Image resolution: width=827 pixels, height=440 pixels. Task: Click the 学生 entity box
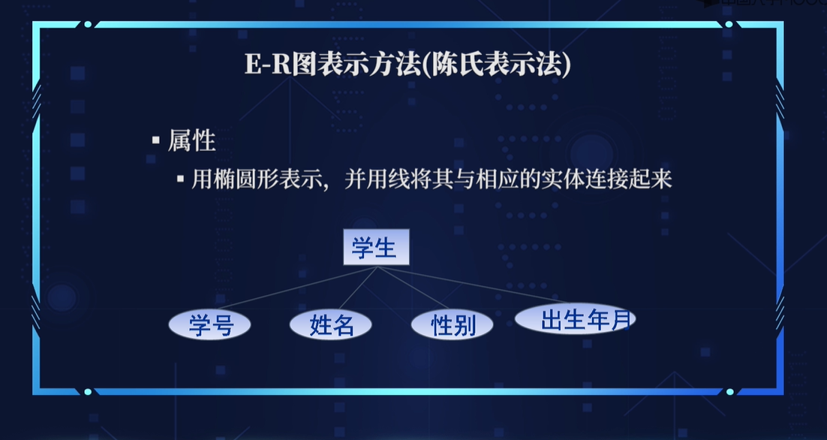376,248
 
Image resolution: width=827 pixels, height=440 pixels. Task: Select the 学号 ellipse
209,324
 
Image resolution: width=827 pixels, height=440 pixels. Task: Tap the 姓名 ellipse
331,324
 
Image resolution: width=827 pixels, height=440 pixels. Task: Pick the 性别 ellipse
453,324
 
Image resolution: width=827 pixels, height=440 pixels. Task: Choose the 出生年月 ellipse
575,319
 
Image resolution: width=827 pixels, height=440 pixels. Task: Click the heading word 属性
192,140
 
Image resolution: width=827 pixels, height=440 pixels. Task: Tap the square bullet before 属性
156,140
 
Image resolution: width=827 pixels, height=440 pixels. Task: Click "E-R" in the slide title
263,65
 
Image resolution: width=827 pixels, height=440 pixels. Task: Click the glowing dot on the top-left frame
88,24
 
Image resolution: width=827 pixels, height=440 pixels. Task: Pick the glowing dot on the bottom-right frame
729,391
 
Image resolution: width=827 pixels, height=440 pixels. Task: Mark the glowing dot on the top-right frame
729,24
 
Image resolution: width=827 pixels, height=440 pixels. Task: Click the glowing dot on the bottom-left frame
88,391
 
